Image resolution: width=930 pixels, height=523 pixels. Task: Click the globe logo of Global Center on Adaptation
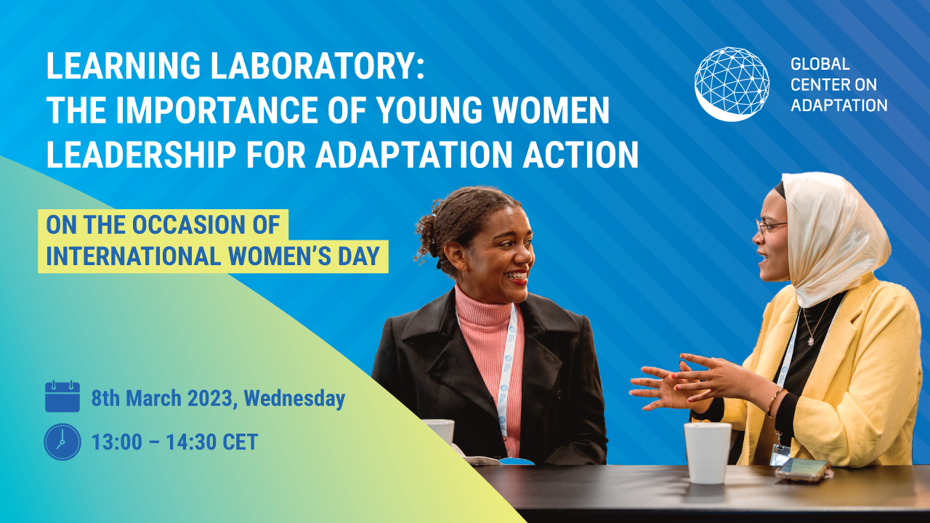[732, 84]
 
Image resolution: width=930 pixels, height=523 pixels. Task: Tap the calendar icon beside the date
[62, 397]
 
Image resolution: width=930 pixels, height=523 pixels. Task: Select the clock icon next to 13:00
[62, 442]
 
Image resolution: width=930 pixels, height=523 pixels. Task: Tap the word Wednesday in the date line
[294, 398]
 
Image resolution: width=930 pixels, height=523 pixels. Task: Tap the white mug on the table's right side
[707, 452]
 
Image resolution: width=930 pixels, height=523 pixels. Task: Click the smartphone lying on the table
[802, 469]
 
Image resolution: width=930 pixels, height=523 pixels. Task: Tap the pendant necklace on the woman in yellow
[810, 338]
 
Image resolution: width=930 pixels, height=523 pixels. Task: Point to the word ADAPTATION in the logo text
[838, 105]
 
